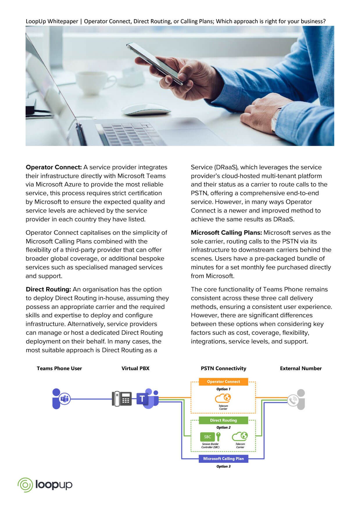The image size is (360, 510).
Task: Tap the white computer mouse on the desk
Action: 146,110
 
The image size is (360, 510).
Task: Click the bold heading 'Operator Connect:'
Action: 54,167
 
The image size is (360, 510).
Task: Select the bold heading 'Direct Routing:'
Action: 49,289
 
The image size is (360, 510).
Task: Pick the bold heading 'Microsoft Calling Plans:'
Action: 226,233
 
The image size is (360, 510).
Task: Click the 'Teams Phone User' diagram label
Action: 59,368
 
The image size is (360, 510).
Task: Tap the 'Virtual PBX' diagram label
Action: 135,368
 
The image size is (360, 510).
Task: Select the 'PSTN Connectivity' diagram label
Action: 223,368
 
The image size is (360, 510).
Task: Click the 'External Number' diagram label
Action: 301,368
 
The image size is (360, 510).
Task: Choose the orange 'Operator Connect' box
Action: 223,381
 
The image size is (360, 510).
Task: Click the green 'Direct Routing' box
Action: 223,420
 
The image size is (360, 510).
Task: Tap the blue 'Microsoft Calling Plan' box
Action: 223,459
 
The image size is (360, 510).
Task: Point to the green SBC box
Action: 207,437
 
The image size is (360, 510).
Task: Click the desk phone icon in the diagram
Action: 122,399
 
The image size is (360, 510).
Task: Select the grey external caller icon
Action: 296,400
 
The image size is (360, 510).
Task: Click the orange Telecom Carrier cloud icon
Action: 223,398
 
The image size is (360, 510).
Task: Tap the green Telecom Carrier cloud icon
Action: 240,436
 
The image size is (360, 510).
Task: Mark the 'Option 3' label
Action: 223,466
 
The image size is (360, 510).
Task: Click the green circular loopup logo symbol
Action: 25,485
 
